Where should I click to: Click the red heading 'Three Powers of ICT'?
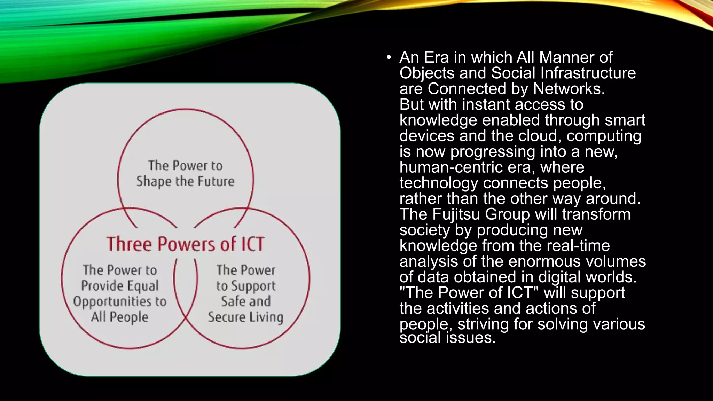point(186,244)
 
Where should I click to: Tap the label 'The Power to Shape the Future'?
point(185,173)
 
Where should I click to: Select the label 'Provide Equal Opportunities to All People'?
point(120,293)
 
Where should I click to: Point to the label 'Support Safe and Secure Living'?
point(246,293)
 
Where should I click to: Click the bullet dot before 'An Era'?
point(389,57)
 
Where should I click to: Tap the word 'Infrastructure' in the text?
point(588,73)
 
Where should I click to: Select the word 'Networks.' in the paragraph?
point(569,89)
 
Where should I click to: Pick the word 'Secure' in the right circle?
point(226,317)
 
